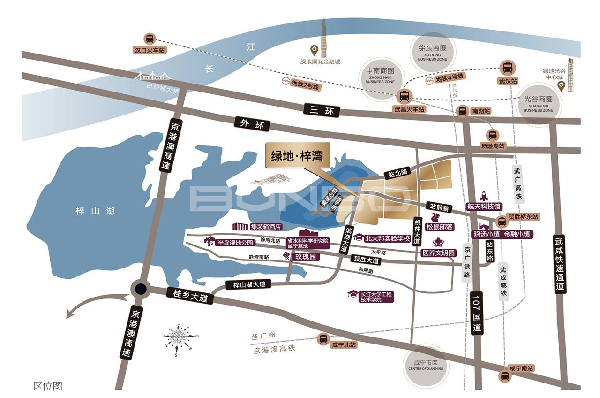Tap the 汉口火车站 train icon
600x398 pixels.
(x=150, y=39)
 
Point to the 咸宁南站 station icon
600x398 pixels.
(x=504, y=375)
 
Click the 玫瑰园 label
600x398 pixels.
(x=304, y=257)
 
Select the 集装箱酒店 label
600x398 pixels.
(x=265, y=227)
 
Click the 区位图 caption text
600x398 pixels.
(x=47, y=386)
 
